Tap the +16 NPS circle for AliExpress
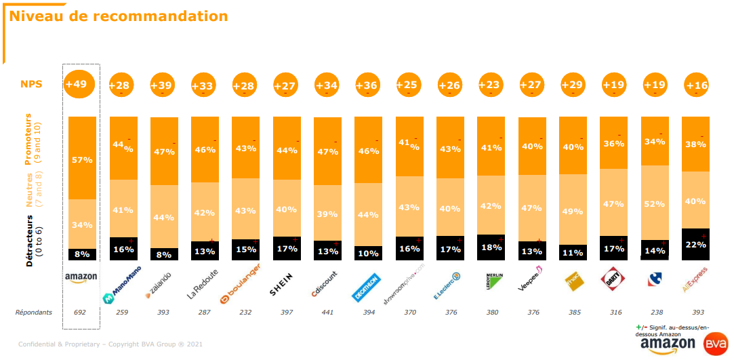pos(695,85)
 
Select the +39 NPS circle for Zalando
pos(163,85)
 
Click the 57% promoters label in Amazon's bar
pos(82,160)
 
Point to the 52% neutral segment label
pos(655,204)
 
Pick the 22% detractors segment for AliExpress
pos(695,244)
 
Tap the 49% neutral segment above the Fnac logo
pos(573,211)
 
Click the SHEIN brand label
pos(286,290)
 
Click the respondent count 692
pos(81,313)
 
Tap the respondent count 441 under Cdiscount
pos(327,313)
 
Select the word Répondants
pos(34,313)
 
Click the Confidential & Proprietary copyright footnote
pos(110,344)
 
